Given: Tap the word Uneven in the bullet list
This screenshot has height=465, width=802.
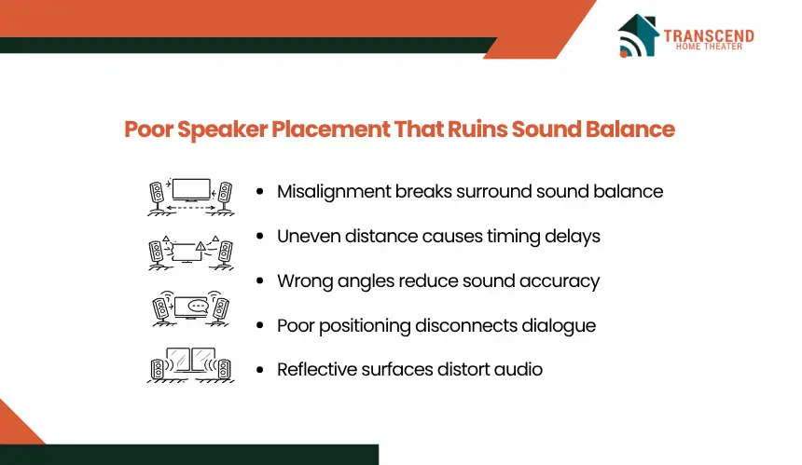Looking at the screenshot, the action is click(309, 236).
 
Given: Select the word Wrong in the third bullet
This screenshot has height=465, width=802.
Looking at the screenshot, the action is click(305, 281).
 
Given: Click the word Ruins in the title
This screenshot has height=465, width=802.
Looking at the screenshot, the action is click(477, 129).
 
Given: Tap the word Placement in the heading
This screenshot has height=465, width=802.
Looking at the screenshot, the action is click(330, 129).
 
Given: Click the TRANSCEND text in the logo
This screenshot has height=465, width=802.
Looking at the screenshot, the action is click(709, 35).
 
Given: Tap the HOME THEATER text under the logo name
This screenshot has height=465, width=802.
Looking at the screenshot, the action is click(709, 47).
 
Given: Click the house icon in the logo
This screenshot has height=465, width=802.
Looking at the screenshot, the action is click(638, 35).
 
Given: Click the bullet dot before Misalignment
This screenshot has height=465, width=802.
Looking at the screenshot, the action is click(260, 192).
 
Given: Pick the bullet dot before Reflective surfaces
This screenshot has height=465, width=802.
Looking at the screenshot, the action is click(260, 369).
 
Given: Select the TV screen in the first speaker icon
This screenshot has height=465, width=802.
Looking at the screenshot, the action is click(191, 189).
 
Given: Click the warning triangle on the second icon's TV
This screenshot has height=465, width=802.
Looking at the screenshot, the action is click(200, 247).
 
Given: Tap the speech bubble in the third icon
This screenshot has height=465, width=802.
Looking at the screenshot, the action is click(198, 306).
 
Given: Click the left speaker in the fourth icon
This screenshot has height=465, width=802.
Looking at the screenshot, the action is click(157, 369).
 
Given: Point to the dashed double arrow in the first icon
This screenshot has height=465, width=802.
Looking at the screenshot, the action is click(190, 208).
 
